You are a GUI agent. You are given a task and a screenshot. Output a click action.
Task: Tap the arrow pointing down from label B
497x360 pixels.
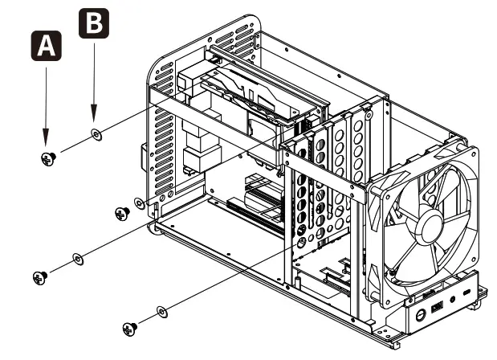[94, 80]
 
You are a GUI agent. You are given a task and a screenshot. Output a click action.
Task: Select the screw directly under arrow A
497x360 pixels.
[47, 158]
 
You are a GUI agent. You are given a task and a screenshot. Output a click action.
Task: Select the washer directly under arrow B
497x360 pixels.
[95, 134]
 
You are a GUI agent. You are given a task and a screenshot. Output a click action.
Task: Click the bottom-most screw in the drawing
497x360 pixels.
[128, 327]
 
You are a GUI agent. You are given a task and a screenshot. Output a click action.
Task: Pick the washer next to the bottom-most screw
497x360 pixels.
[162, 309]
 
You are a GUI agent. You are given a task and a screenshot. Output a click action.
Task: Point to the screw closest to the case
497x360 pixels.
[121, 213]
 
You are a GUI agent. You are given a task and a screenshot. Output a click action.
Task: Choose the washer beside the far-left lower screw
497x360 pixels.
[78, 258]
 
